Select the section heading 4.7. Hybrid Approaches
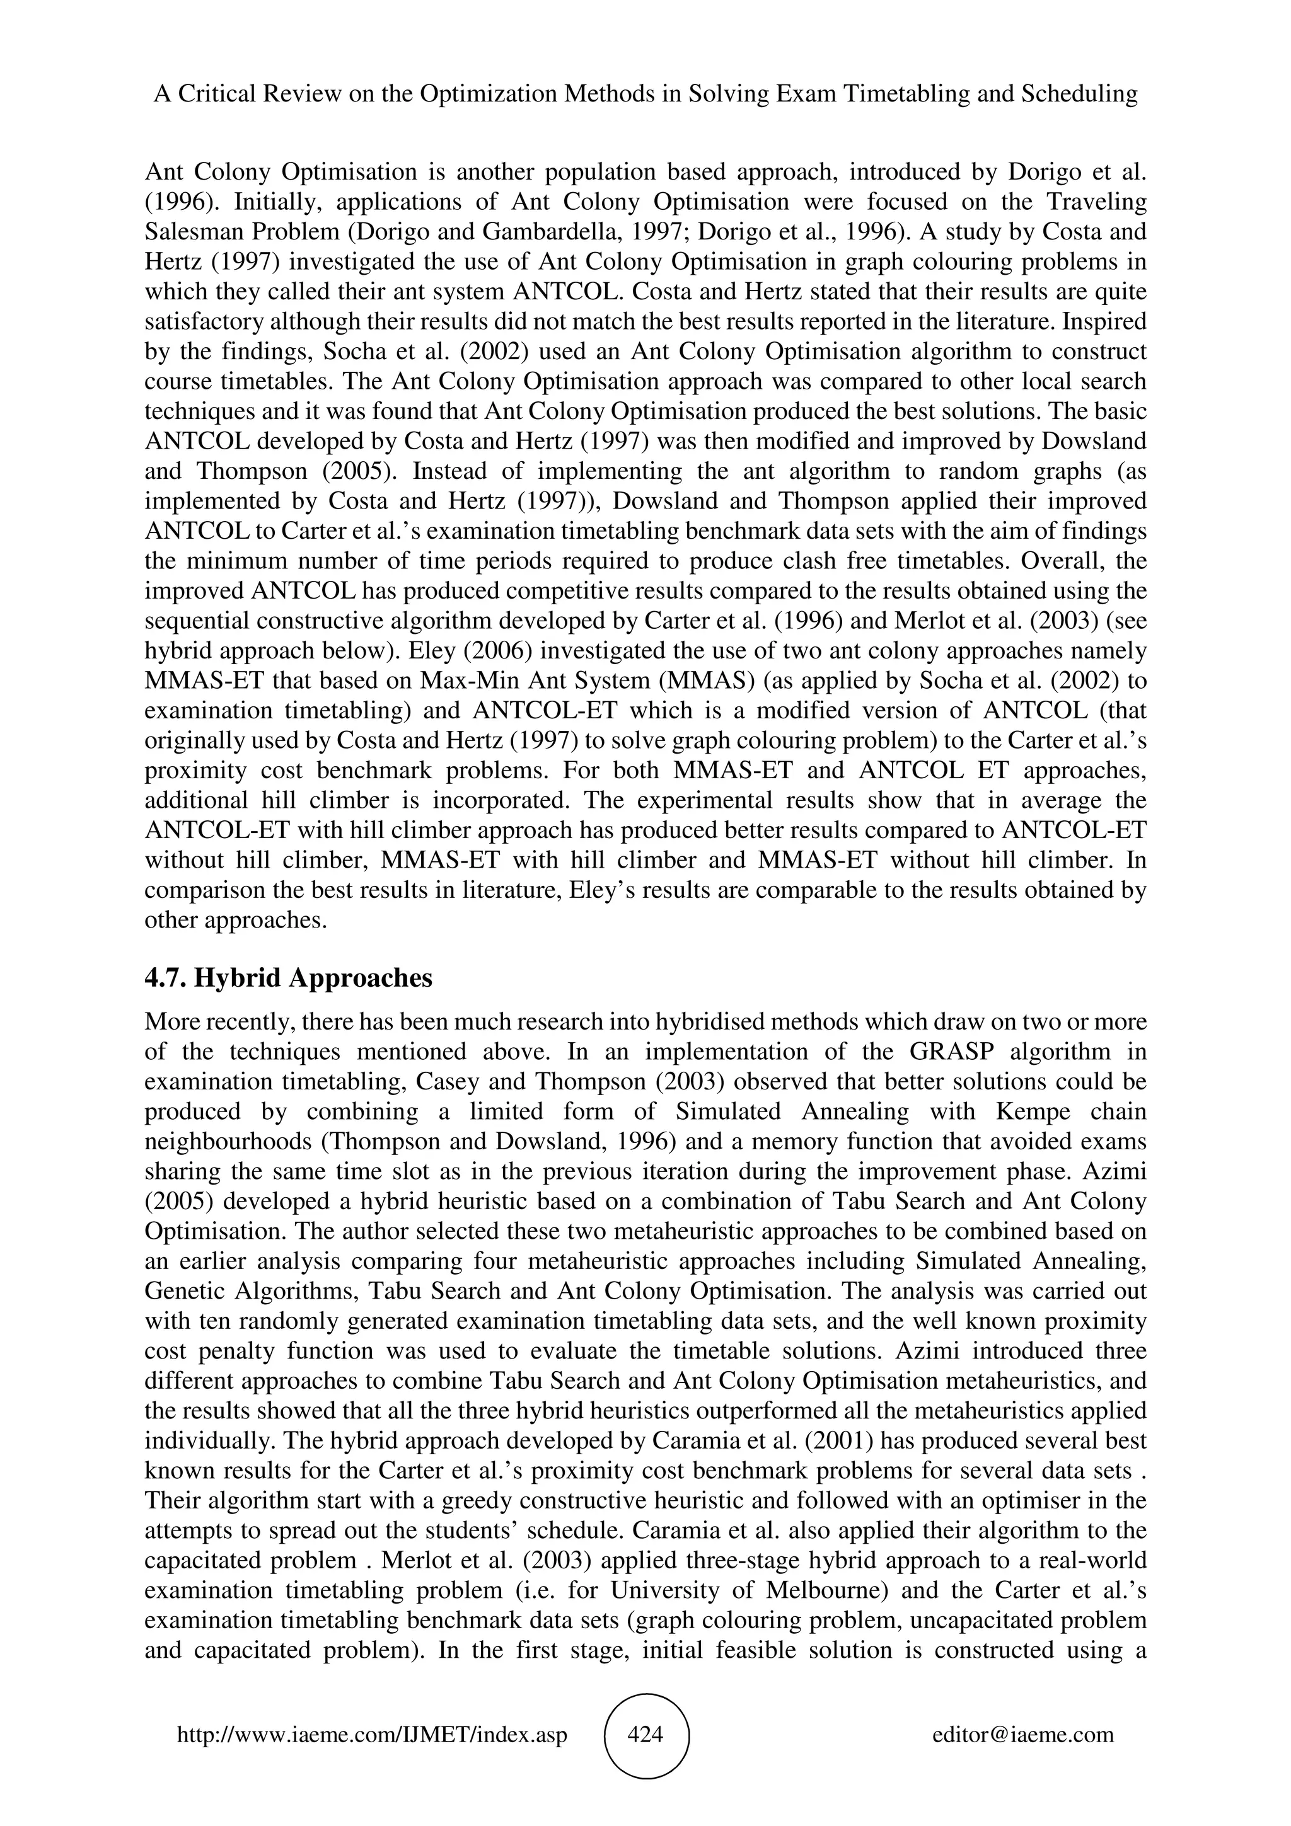pos(288,977)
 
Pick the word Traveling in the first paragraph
pos(1099,202)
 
